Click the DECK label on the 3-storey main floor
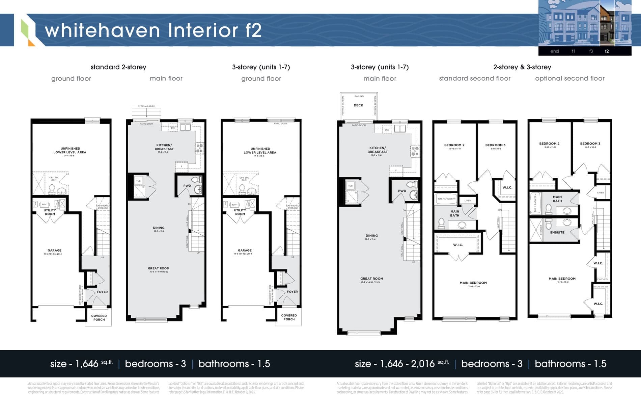pos(358,105)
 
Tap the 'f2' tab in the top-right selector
pos(607,51)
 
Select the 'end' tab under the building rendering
pos(554,51)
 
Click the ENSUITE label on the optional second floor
pos(557,232)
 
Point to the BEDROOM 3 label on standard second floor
pos(495,145)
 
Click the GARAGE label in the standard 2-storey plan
pos(54,251)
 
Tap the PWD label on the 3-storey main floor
pos(402,191)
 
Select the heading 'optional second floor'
pos(569,78)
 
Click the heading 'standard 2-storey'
pos(118,67)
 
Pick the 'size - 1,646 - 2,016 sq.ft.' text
pos(401,364)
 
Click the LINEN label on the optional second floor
pos(601,192)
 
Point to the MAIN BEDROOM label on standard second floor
pos(473,283)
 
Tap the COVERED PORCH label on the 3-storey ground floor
pos(289,317)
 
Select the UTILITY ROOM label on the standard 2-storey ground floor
pos(50,212)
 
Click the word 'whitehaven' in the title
pos(102,30)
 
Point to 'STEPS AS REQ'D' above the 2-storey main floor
pos(146,106)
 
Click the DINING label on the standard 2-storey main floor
pos(159,228)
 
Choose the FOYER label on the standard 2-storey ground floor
pos(102,292)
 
